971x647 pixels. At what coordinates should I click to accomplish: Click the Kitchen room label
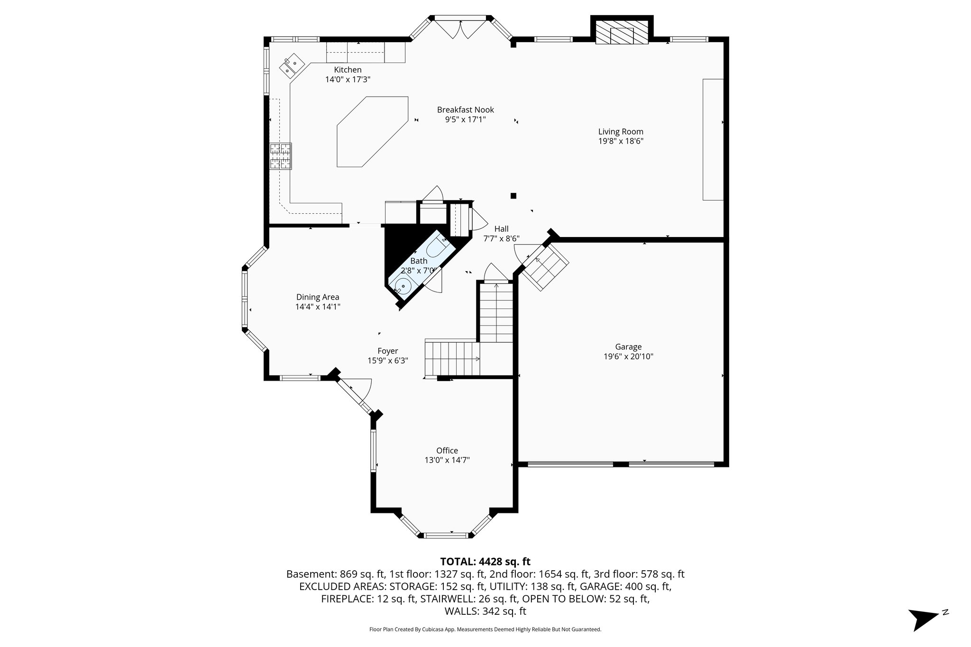coord(348,70)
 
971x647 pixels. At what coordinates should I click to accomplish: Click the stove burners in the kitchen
coord(280,156)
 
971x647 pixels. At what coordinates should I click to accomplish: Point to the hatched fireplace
coord(622,33)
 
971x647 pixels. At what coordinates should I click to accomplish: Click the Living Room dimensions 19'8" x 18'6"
coord(620,141)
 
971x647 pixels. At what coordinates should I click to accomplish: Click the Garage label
coord(628,347)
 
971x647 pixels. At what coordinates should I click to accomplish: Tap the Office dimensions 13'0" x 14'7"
coord(447,460)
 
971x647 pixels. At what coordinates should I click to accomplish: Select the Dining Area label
coord(318,297)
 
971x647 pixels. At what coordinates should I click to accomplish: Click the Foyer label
coord(387,351)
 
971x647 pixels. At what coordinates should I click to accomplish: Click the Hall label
coord(501,229)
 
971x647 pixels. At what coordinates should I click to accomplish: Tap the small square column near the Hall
coord(513,196)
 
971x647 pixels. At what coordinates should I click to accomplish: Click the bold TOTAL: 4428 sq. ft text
coord(485,562)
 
